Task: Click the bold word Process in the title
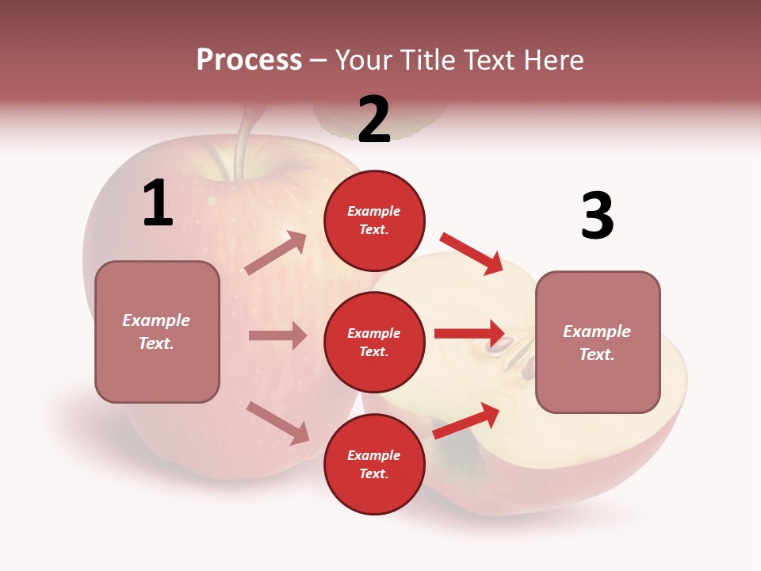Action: point(249,60)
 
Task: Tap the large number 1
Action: point(158,203)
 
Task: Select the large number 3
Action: point(597,216)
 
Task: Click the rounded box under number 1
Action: point(157,331)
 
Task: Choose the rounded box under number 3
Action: point(598,342)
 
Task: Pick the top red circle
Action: point(374,220)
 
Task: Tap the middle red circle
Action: point(374,342)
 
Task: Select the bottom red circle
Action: point(374,464)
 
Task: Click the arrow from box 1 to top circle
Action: point(276,253)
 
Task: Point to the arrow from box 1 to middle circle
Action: point(277,335)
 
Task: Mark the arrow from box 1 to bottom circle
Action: point(277,423)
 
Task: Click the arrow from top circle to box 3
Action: point(472,253)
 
